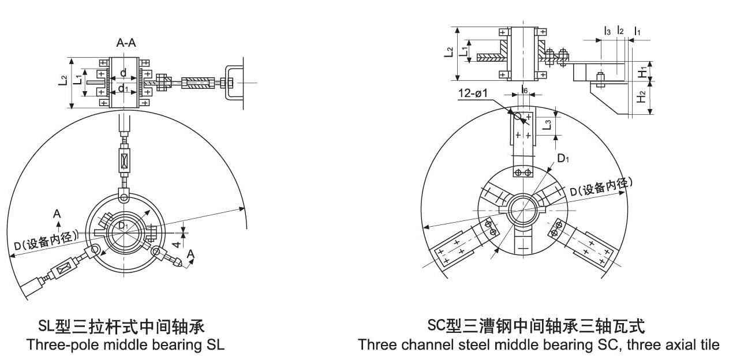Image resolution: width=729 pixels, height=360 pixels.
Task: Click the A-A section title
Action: click(126, 43)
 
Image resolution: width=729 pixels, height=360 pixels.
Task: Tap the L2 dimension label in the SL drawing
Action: click(63, 81)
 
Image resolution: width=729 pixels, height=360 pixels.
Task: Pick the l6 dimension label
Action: click(523, 89)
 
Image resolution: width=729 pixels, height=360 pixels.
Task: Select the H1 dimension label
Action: click(642, 72)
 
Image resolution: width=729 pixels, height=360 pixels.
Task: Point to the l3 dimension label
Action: click(607, 30)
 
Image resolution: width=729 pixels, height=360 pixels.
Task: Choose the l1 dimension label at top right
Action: click(637, 30)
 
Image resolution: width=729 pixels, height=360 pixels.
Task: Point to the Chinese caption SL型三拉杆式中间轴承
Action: click(121, 327)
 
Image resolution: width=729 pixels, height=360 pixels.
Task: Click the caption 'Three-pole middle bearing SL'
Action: click(125, 345)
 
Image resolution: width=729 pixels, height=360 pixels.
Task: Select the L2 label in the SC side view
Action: click(448, 52)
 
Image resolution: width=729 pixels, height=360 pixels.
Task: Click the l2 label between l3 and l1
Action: click(620, 30)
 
